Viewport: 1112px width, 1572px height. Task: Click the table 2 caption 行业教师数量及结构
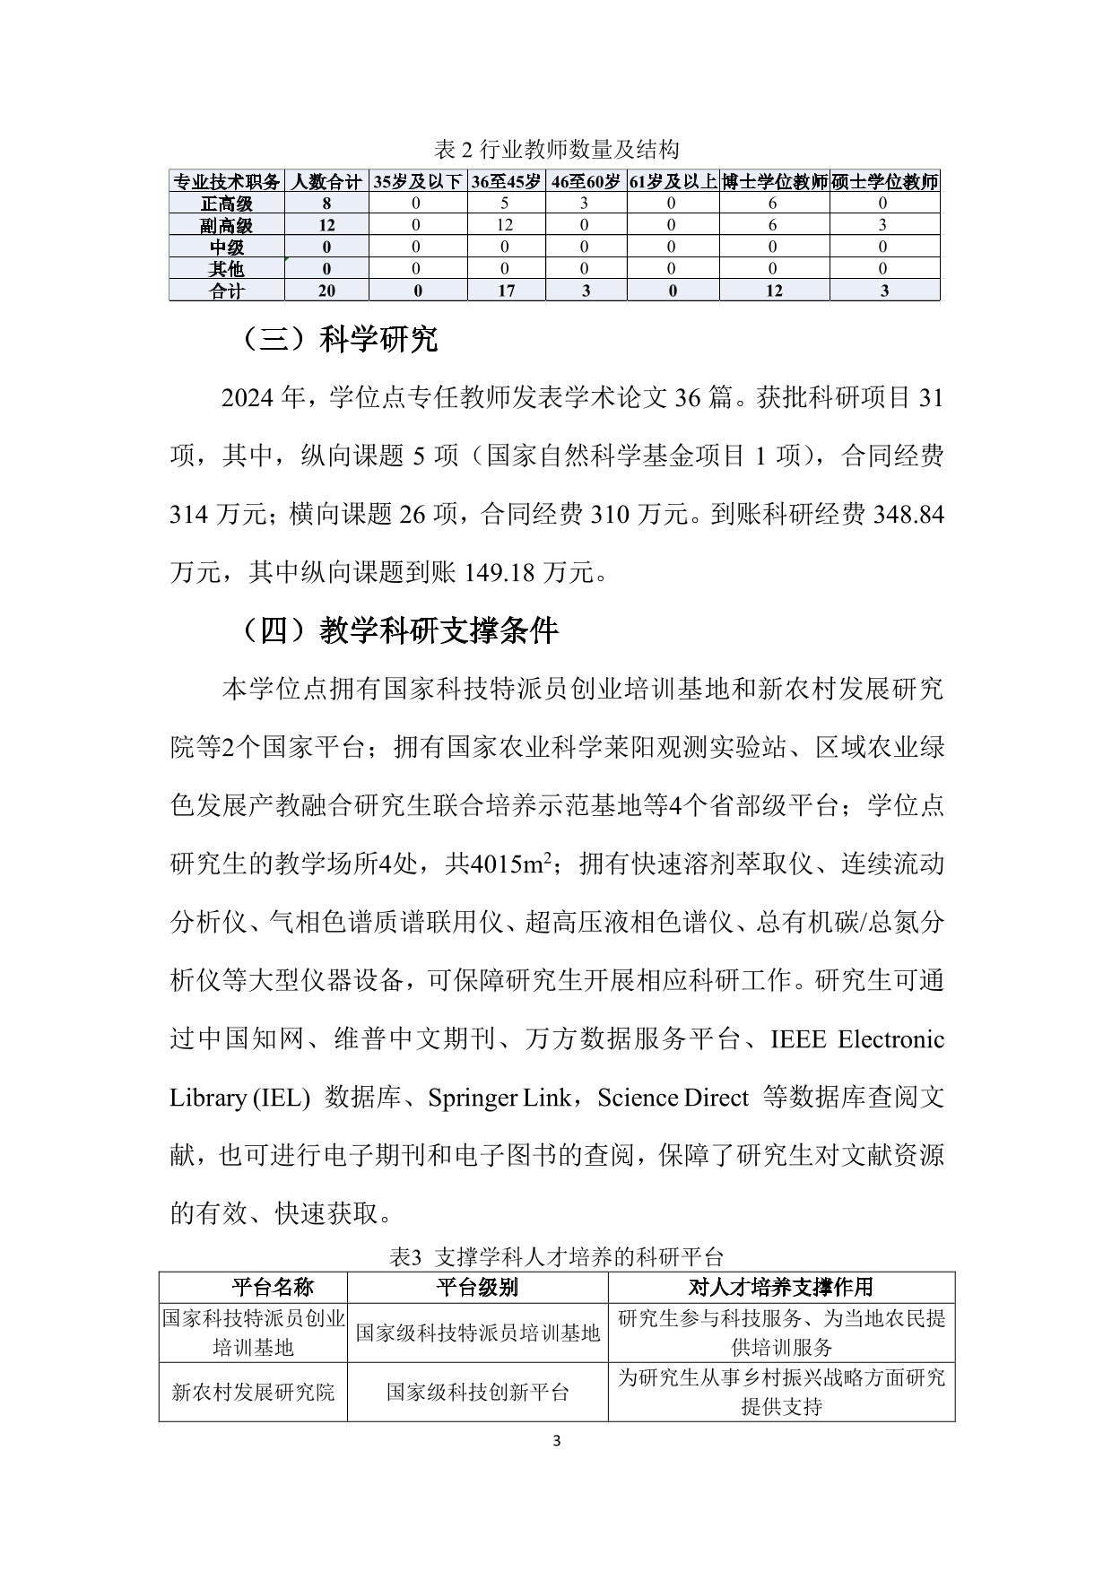[x=556, y=149]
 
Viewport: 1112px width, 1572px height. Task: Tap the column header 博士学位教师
[x=774, y=182]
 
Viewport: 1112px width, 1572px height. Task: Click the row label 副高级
[x=227, y=226]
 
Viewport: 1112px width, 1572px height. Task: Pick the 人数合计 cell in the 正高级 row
[x=326, y=204]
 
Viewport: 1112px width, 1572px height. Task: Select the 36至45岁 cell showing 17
[x=506, y=291]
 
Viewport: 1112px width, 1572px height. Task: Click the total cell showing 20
[x=326, y=291]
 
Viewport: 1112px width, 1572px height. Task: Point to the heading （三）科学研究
[x=339, y=340]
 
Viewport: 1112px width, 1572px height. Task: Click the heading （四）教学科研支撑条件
[x=399, y=631]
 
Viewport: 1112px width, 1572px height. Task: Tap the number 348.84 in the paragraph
[x=908, y=515]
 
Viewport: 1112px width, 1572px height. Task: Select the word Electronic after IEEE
[x=890, y=1039]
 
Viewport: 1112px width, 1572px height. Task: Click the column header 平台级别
[x=477, y=1288]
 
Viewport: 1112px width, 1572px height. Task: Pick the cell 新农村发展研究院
[x=253, y=1392]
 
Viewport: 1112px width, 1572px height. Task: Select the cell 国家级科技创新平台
[x=477, y=1392]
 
